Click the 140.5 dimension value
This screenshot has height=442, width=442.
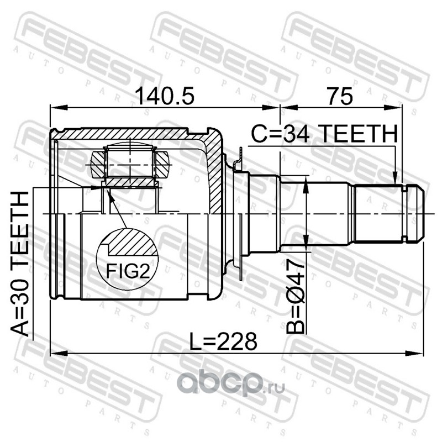tap(165, 96)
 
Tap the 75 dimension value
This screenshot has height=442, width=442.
tap(340, 96)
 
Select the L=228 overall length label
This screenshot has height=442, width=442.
tap(223, 341)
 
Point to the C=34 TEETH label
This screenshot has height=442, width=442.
tap(324, 134)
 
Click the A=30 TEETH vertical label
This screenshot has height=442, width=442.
tap(20, 264)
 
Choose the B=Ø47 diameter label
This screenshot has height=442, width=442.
tap(295, 297)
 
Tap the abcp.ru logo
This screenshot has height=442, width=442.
tap(230, 384)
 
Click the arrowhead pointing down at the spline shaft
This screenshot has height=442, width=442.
tap(395, 177)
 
